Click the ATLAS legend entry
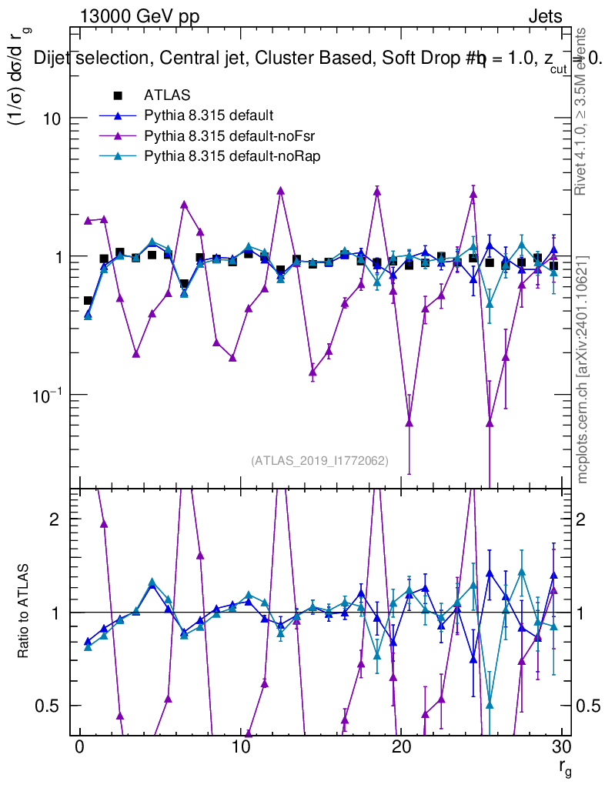point(167,95)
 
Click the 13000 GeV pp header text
point(139,16)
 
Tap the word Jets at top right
point(544,16)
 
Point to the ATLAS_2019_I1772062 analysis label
point(319,461)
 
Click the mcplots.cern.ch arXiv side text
point(583,369)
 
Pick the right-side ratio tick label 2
point(581,519)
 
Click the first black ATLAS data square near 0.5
point(88,301)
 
